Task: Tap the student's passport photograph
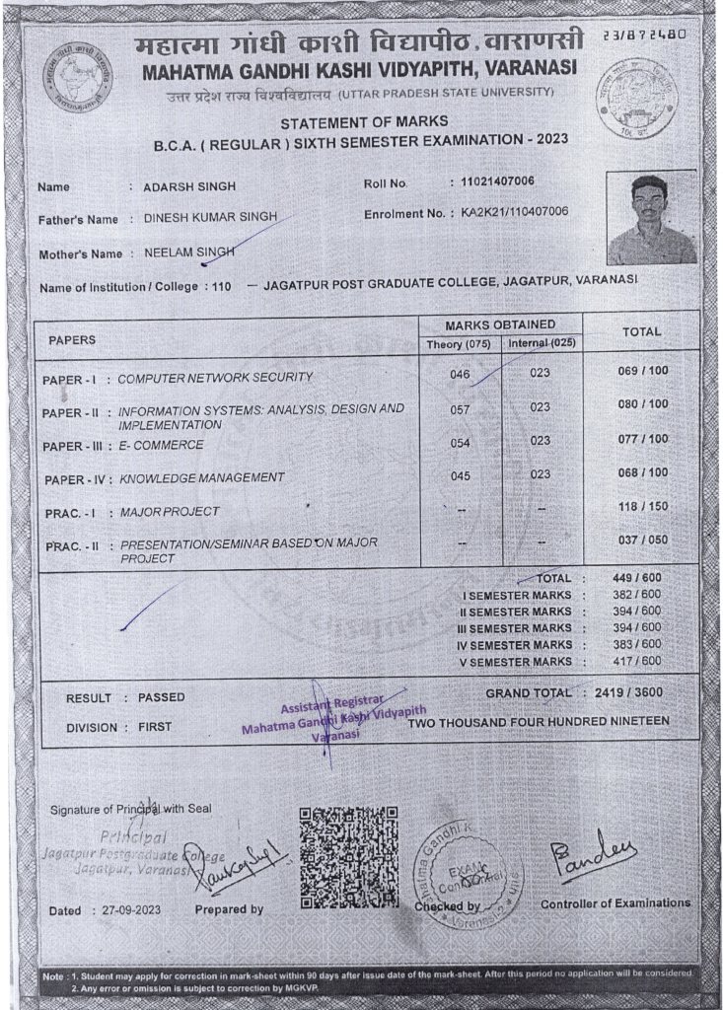click(x=652, y=219)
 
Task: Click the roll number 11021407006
click(x=491, y=182)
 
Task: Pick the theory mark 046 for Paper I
click(x=460, y=376)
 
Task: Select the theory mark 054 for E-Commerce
click(x=460, y=443)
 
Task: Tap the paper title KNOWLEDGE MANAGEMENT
click(x=202, y=477)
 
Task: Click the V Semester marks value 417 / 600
click(x=643, y=661)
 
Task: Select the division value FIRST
click(x=154, y=727)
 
